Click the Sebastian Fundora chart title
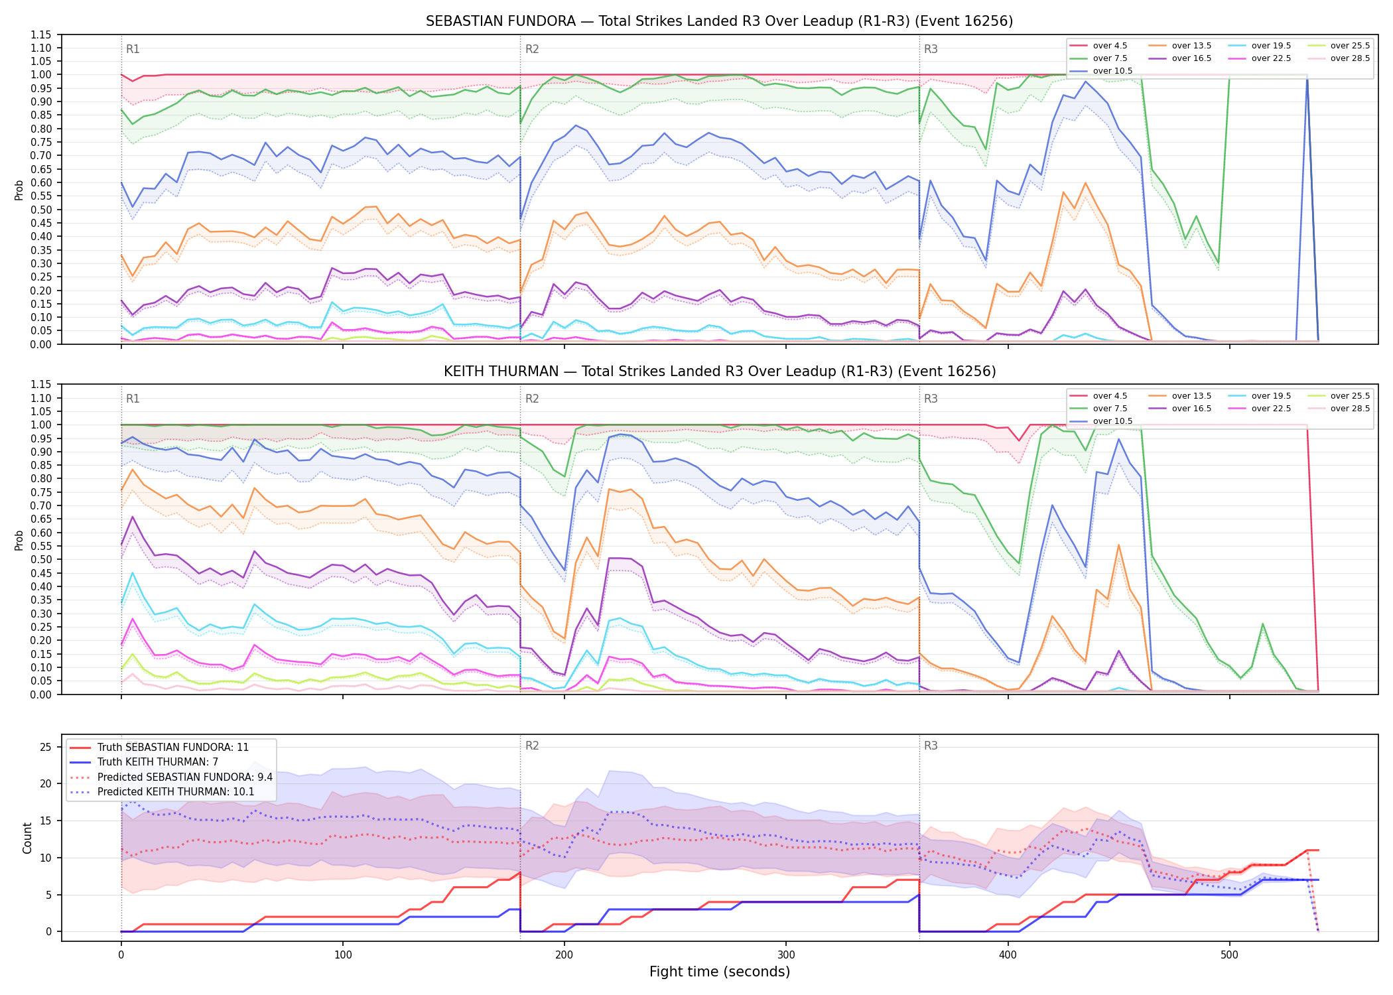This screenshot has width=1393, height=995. (719, 21)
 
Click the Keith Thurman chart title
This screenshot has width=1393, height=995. (720, 371)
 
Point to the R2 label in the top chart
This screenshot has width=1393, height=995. (532, 49)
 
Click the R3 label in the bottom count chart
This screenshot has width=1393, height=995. (931, 746)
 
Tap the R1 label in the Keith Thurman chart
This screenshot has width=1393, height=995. (133, 399)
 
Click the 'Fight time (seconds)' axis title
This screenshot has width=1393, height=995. (720, 972)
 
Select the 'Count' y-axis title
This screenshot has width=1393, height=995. (28, 838)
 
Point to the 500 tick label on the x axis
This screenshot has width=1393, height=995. (1229, 955)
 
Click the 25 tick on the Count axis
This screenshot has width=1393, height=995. (46, 747)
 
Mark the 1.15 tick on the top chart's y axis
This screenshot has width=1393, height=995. (41, 34)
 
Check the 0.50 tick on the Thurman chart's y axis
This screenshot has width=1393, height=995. (41, 559)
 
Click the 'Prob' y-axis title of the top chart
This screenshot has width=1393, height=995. (19, 190)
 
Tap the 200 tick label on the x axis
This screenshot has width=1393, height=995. (564, 955)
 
